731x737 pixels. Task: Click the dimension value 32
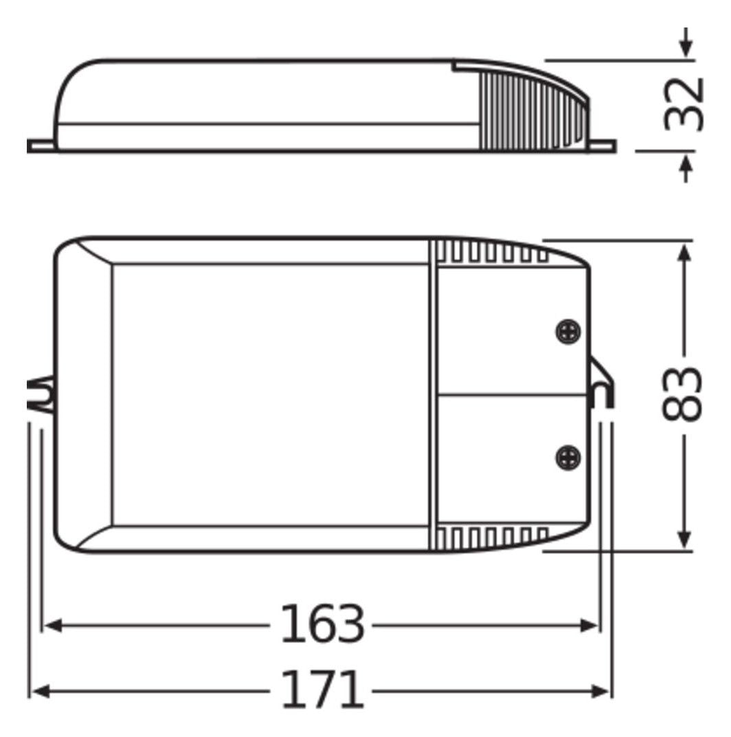pyautogui.click(x=684, y=104)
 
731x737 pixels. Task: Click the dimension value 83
pyautogui.click(x=683, y=394)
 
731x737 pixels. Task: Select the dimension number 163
pyautogui.click(x=322, y=624)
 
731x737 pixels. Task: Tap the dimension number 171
pyautogui.click(x=322, y=690)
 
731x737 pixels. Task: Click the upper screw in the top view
pyautogui.click(x=567, y=332)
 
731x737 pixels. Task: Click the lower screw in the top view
pyautogui.click(x=567, y=457)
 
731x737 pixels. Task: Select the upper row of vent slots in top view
pyautogui.click(x=491, y=253)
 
